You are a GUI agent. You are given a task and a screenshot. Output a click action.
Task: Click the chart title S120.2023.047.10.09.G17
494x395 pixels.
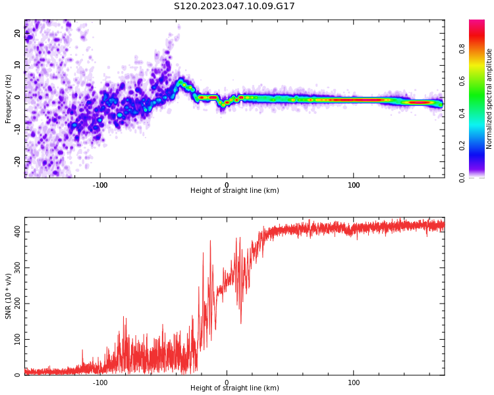[234, 7]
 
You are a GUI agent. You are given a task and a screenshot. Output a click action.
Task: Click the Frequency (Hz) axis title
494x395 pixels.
[9, 99]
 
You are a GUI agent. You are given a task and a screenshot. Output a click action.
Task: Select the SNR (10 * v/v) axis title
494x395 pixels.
[9, 296]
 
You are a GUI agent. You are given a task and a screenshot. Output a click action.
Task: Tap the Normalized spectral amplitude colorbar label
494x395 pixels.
[489, 99]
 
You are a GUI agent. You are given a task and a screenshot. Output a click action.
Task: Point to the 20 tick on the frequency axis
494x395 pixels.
[18, 34]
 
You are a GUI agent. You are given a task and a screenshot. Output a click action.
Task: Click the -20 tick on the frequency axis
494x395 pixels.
[18, 161]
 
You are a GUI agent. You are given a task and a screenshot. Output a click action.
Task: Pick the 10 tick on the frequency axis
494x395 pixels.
[18, 65]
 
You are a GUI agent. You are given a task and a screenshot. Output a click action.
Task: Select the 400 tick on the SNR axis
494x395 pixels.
[14, 232]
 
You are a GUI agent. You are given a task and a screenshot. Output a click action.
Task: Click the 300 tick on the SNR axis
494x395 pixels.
[14, 268]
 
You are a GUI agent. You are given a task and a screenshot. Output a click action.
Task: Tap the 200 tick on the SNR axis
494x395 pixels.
[14, 303]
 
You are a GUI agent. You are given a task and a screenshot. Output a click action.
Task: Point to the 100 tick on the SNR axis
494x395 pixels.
[14, 340]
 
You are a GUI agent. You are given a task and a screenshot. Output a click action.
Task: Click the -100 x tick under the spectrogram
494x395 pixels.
[99, 184]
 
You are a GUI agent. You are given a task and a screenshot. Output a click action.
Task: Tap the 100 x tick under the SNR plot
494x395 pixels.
[354, 382]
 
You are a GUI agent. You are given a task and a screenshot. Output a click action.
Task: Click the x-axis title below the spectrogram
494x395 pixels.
[234, 191]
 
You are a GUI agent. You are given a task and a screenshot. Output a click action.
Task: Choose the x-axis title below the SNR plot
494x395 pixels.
[234, 388]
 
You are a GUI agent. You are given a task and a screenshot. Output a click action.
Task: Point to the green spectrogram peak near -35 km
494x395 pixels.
[181, 82]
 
